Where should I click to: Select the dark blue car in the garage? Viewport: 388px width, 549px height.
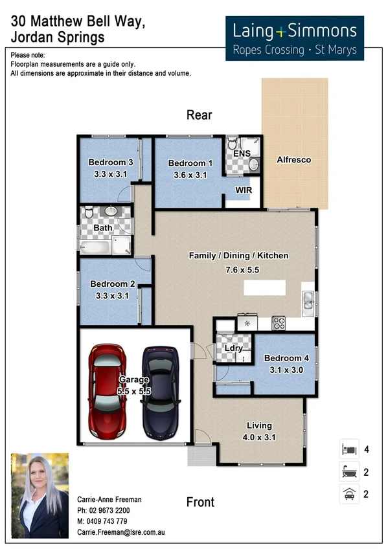[160, 391]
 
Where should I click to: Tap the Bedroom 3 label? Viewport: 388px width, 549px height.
[111, 162]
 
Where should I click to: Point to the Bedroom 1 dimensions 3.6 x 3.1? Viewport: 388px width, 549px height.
[190, 175]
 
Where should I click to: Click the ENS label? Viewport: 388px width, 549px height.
[242, 153]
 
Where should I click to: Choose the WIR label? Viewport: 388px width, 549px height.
[244, 190]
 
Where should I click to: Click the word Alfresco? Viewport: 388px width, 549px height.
[293, 160]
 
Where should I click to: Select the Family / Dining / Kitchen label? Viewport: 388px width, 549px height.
[238, 256]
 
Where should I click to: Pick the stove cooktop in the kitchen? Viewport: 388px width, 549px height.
[279, 322]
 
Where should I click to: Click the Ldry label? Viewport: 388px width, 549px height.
[233, 348]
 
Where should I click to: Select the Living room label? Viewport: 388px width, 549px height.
[259, 425]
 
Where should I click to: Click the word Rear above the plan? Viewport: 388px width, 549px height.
[199, 115]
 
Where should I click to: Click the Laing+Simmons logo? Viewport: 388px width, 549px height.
[295, 38]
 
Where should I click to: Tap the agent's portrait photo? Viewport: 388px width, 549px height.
[40, 496]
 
